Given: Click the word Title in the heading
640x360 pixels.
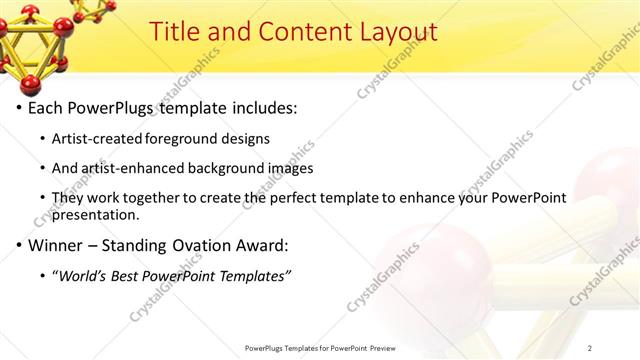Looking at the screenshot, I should [x=176, y=32].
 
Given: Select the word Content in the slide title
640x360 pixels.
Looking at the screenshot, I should [x=308, y=32].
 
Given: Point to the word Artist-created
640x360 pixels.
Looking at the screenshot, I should [x=100, y=139].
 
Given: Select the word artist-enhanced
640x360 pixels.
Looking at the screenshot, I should [x=129, y=168].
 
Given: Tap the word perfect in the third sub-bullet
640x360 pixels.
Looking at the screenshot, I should [x=318, y=198].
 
